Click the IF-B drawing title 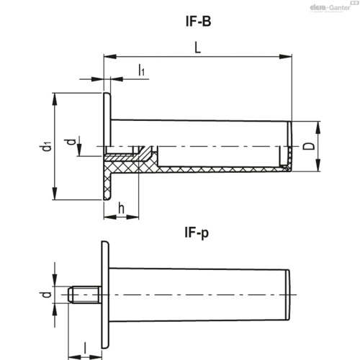199,21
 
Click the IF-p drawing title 197,233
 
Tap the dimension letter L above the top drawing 197,48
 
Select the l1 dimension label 141,70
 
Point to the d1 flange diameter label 46,146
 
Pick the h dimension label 122,208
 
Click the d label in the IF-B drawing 71,142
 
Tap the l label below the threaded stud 85,348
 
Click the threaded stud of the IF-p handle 84,294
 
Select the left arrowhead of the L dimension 110,57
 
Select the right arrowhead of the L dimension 286,57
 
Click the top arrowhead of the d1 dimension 55,99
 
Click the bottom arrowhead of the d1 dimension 55,194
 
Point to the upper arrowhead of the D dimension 318,127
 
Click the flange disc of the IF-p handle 105,294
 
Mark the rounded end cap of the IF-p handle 288,294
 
